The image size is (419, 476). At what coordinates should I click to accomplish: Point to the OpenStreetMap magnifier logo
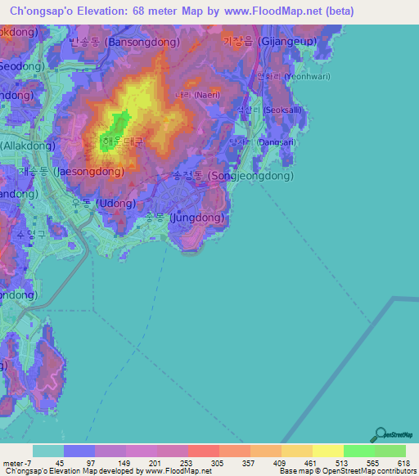[x=381, y=434]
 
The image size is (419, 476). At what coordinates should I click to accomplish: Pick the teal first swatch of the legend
[x=48, y=451]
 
